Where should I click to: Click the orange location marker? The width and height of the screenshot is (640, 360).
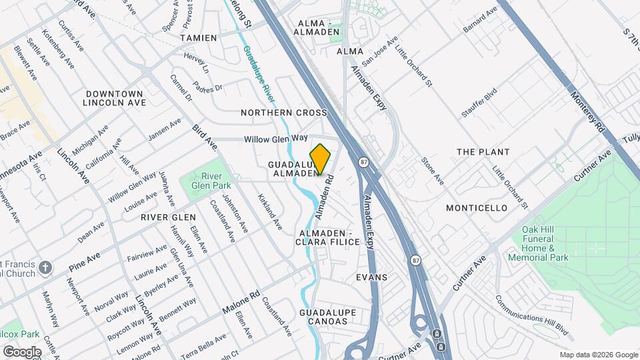[320, 159]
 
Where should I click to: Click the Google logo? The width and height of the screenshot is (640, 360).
[22, 351]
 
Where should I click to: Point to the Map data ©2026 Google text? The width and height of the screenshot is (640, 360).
[599, 355]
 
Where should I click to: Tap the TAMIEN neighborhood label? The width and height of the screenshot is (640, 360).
[199, 38]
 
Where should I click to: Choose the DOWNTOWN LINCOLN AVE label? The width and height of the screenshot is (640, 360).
[114, 98]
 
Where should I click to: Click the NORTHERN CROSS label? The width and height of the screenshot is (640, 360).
[284, 113]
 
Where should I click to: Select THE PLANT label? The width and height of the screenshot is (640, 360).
[483, 152]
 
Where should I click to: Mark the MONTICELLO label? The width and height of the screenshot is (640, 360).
[477, 208]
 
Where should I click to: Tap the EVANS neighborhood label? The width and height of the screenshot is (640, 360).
[371, 277]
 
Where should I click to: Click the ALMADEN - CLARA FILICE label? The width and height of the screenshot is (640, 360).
[329, 237]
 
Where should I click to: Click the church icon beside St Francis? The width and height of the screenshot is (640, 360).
[45, 268]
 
